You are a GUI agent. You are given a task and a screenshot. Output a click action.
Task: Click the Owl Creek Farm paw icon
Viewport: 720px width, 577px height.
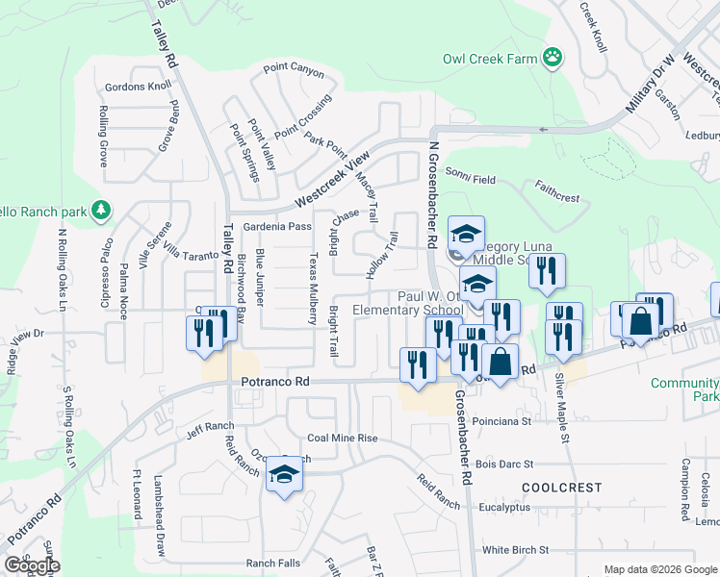coord(553,58)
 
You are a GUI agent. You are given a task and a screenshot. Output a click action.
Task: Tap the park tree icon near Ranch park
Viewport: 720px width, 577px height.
coord(100,210)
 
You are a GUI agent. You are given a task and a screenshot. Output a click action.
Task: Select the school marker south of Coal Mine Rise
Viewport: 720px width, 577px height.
coord(284,475)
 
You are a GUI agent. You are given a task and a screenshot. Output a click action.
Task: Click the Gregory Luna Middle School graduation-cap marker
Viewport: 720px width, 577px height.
coord(466,235)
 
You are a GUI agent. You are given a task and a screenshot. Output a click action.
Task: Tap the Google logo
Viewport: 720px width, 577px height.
coord(32,564)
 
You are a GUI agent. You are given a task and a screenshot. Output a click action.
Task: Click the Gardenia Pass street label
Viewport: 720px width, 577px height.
coord(277,227)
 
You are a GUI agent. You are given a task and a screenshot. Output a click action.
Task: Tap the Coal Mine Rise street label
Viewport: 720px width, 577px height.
coord(343,438)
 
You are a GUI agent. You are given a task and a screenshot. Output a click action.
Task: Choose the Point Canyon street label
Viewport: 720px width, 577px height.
coord(294,69)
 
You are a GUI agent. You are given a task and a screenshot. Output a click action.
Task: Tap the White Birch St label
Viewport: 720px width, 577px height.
coord(515,550)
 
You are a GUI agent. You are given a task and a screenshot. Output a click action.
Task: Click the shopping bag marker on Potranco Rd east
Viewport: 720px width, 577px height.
coord(640,321)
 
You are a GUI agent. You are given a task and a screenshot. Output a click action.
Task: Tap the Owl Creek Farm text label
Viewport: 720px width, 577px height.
coord(489,59)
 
